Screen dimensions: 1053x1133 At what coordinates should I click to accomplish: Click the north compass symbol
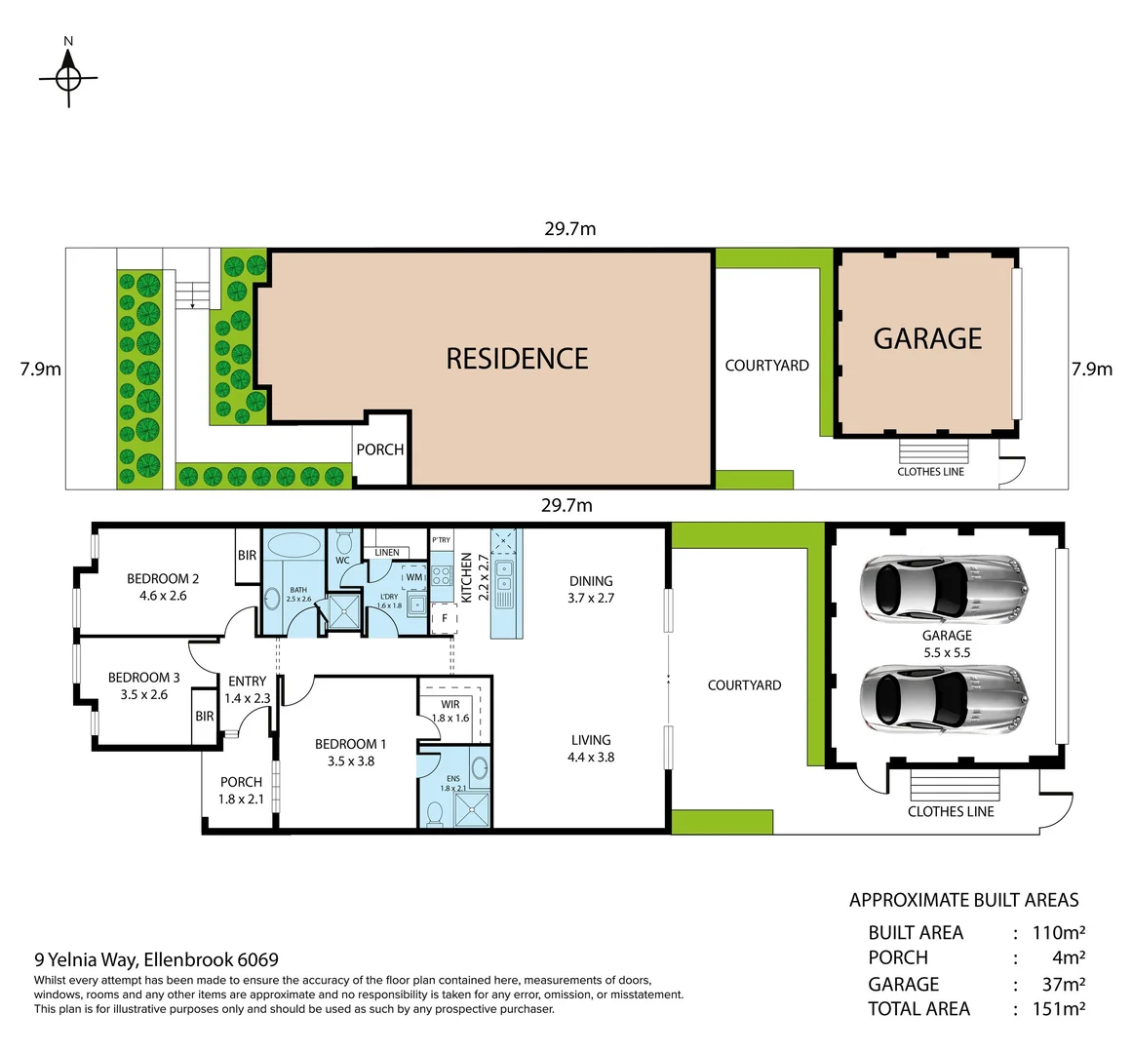(68, 77)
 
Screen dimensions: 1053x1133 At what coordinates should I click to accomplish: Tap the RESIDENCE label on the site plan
(517, 359)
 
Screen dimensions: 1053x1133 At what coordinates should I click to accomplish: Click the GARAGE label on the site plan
(927, 338)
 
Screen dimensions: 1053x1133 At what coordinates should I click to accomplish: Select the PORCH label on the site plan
(379, 449)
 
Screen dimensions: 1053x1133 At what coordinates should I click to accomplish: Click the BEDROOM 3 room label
(143, 678)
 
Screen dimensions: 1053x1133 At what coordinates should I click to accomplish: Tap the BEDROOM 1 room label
(350, 744)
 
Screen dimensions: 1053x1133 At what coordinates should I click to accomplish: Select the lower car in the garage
(943, 698)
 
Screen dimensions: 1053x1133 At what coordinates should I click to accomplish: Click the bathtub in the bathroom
(298, 545)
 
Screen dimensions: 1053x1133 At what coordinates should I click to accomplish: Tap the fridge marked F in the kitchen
(445, 618)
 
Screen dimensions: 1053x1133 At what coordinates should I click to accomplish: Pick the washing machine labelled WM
(414, 577)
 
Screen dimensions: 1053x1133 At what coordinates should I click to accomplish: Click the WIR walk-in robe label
(449, 704)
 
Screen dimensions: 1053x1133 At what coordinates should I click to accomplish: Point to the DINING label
(591, 581)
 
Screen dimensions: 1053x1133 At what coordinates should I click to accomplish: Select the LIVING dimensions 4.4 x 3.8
(591, 757)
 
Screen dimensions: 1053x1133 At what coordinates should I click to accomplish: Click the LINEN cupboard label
(387, 553)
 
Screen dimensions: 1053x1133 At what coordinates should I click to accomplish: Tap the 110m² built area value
(1059, 932)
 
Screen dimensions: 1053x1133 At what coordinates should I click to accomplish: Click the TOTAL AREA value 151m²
(1059, 1009)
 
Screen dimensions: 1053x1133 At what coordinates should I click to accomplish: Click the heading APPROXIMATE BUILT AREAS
(963, 900)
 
